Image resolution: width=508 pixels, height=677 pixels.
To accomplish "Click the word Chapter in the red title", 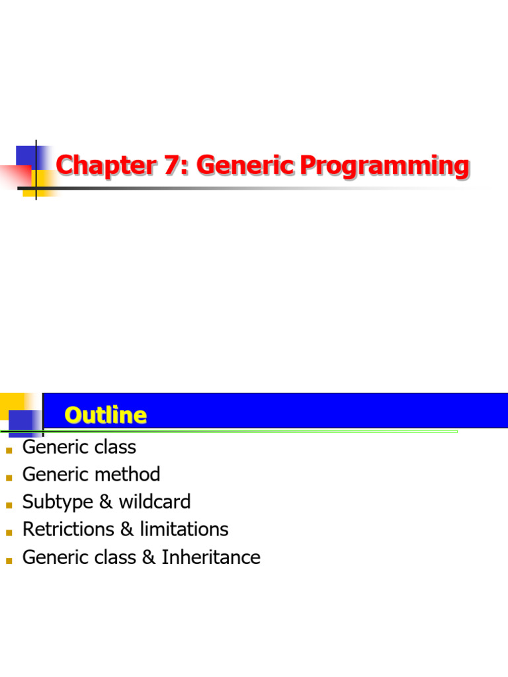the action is [106, 165].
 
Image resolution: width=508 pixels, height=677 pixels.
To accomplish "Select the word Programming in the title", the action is [384, 166].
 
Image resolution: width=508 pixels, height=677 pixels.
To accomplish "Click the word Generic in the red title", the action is [245, 165].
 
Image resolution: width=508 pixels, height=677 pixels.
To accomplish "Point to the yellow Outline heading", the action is [106, 415].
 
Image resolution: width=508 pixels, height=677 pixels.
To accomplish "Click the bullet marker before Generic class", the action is [9, 451].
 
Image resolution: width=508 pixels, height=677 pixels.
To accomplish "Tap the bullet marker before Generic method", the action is [9, 478].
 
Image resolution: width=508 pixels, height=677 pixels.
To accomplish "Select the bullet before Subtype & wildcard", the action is [9, 505].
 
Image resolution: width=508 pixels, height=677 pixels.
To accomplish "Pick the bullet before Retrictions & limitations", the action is [9, 533].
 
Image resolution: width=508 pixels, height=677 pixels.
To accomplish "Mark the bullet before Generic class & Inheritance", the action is [9, 561].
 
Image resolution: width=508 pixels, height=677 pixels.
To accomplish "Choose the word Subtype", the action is [58, 502].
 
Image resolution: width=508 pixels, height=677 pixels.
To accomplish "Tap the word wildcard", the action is [155, 502].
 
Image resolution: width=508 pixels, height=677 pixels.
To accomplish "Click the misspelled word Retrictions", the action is [68, 530].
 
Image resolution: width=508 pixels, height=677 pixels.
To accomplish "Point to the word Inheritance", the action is [211, 557].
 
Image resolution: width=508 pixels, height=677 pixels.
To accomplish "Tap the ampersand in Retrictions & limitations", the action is [127, 530].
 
